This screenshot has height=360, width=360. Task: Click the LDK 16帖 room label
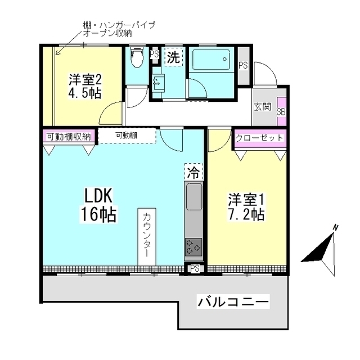point(100,205)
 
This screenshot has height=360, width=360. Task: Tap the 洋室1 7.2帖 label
point(246,206)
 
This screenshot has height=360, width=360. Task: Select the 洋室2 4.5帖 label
point(85,86)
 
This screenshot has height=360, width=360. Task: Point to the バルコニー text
point(233,302)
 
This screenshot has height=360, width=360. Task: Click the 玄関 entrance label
point(262,106)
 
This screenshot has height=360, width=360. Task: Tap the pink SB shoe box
point(281,111)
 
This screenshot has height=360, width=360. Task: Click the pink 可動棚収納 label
point(69,136)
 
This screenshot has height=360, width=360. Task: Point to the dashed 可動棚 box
point(127,136)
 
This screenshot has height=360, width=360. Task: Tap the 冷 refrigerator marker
point(192,172)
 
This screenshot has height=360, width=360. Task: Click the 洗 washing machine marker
point(173,57)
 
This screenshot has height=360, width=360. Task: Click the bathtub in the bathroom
point(210,58)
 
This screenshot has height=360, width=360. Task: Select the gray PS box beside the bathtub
point(243,65)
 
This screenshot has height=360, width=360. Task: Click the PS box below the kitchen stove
point(195,268)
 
